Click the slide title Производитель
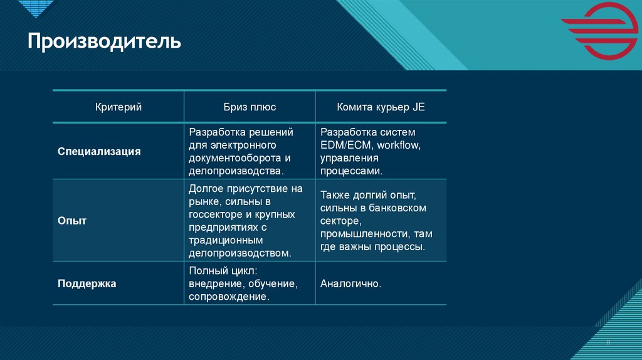coord(104,42)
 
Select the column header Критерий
coord(118,107)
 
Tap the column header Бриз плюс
coord(250,107)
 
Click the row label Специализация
coord(99,152)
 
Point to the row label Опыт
coord(72,221)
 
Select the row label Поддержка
coord(87,283)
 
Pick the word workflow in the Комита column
coord(398,146)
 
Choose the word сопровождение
coord(229,297)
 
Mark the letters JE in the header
coord(418,107)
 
